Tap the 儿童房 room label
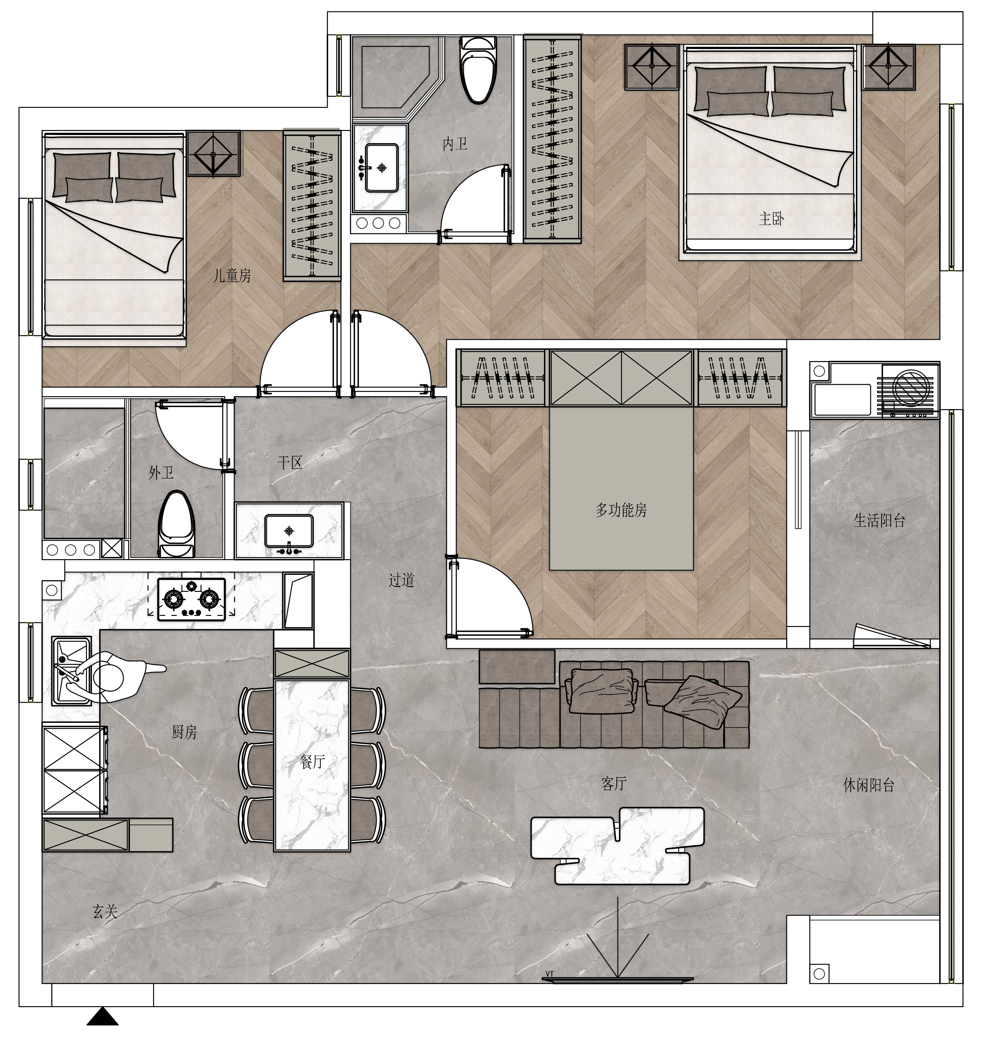click(232, 275)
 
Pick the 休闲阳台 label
click(869, 785)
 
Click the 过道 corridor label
click(402, 580)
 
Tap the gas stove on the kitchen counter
click(192, 599)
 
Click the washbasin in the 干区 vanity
click(289, 532)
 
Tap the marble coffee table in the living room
click(618, 845)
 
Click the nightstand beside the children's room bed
click(214, 153)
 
